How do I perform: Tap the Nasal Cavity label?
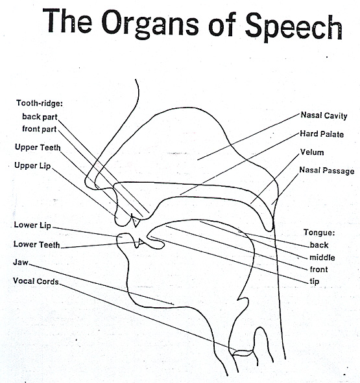coord(323,115)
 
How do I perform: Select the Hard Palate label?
coord(322,134)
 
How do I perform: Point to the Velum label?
coord(311,153)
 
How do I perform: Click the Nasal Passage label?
coord(326,170)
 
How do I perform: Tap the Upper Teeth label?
coord(38,147)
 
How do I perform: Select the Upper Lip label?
coord(32,165)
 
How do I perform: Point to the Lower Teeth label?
coord(36,244)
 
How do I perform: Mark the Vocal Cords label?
coord(35,281)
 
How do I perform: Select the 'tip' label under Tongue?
coord(315,281)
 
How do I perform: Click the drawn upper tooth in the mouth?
coord(136,221)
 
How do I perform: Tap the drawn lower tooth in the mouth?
coord(143,242)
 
